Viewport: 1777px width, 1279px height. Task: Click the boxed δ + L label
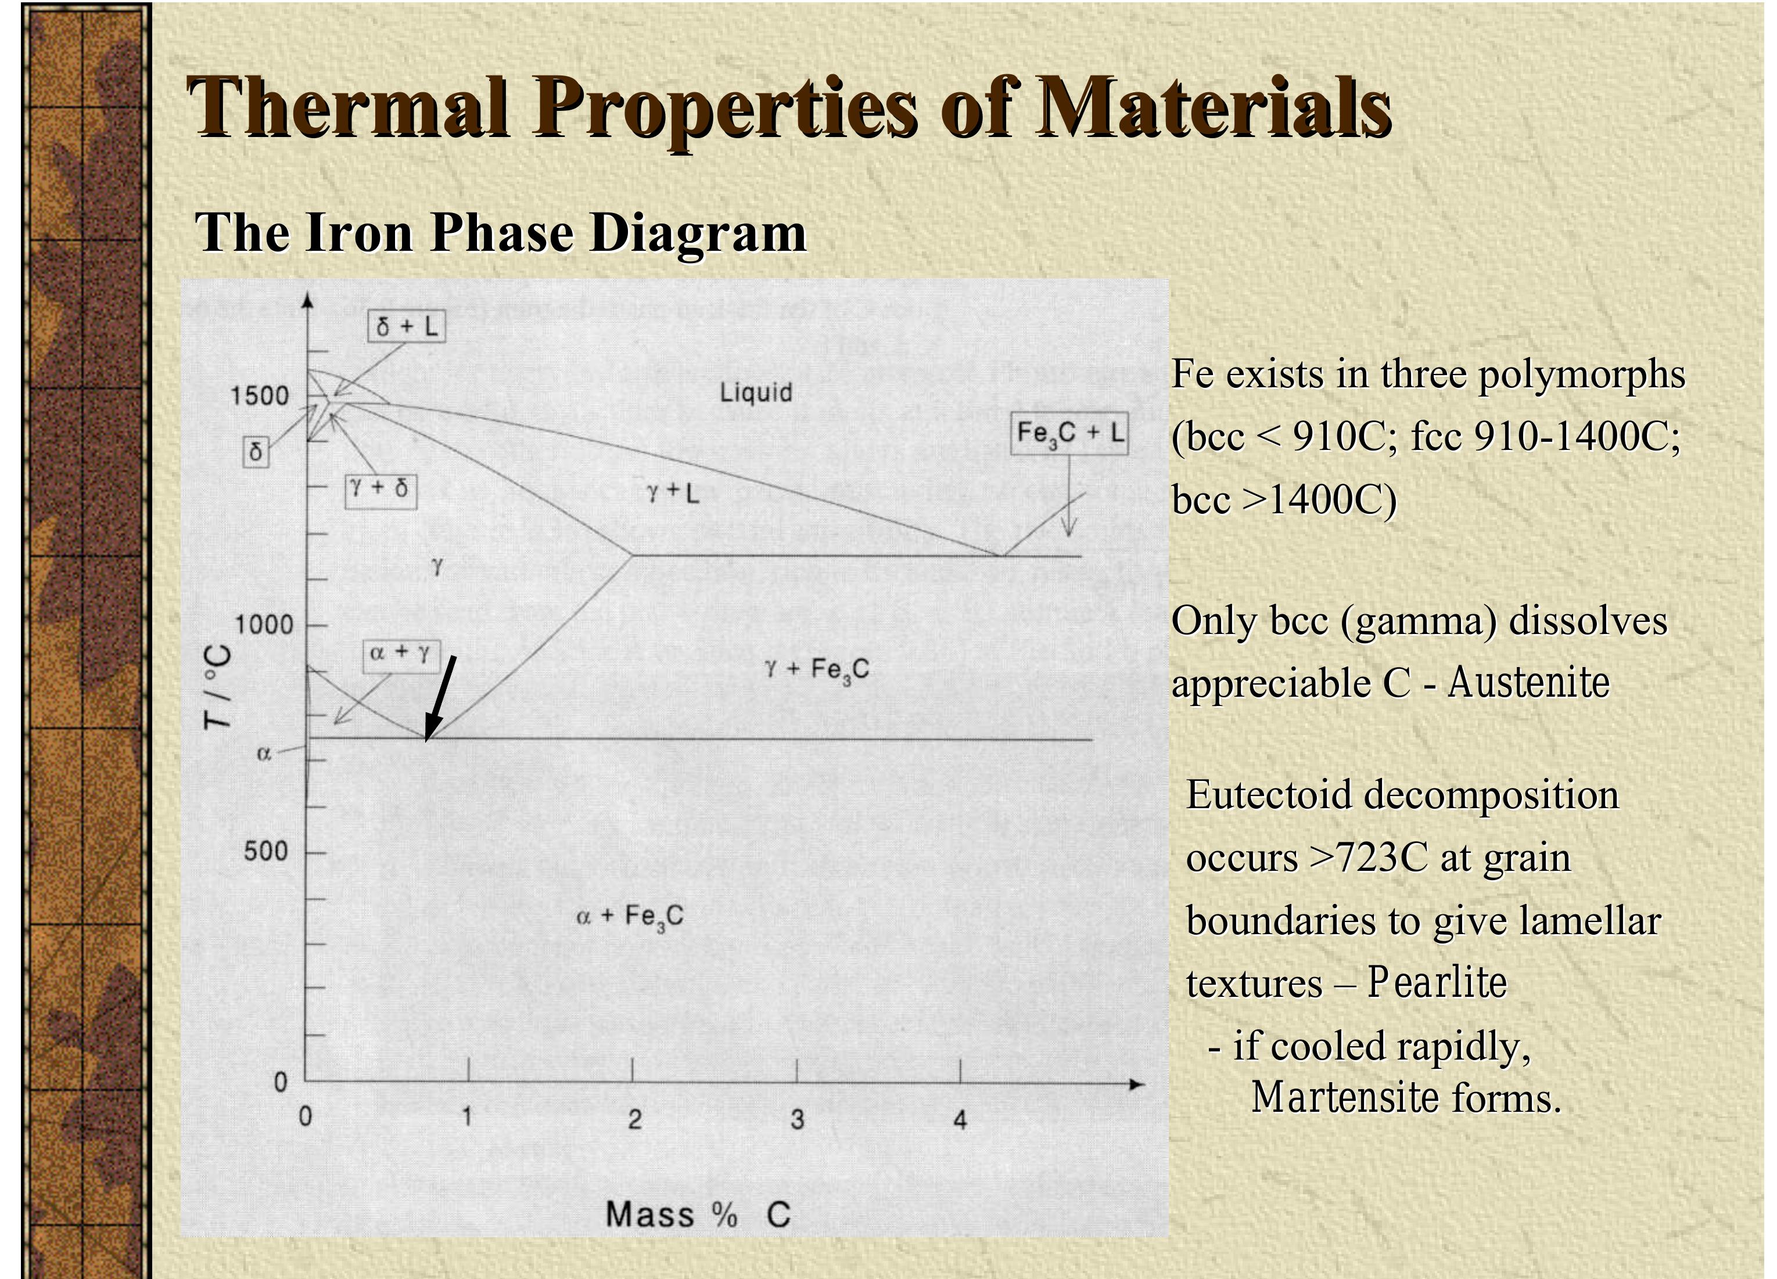click(x=407, y=327)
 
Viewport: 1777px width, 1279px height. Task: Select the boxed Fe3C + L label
click(x=1069, y=433)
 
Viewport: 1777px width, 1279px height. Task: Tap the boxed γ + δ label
click(x=381, y=489)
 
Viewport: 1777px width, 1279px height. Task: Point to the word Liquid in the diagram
click(x=756, y=392)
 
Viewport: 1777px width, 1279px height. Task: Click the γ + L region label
click(x=672, y=493)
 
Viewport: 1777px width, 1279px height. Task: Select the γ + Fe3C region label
click(x=817, y=669)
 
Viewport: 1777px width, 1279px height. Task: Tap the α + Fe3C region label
click(x=630, y=916)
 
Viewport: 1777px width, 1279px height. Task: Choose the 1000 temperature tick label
click(x=264, y=625)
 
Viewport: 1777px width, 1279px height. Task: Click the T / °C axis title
click(x=218, y=687)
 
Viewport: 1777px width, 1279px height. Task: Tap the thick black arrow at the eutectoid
click(x=440, y=697)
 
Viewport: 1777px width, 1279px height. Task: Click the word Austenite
click(x=1528, y=683)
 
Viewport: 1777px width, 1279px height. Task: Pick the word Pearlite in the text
click(x=1437, y=983)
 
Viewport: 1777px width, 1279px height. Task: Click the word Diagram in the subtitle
click(x=697, y=233)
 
